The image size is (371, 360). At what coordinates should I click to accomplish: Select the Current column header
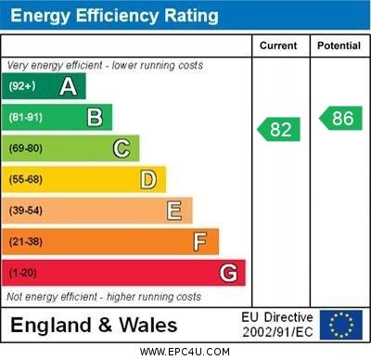click(x=278, y=45)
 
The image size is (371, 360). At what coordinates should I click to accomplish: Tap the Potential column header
click(x=339, y=45)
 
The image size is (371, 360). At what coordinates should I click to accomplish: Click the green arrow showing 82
click(x=278, y=129)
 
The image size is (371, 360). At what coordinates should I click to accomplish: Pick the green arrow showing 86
click(x=339, y=118)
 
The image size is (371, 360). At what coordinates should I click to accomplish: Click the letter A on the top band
click(x=68, y=86)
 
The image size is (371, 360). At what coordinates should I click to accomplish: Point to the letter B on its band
click(x=95, y=117)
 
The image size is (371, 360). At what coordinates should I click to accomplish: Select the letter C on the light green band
click(x=122, y=148)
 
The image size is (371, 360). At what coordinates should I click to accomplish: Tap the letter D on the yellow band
click(x=148, y=179)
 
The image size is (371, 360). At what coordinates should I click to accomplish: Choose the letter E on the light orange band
click(x=174, y=211)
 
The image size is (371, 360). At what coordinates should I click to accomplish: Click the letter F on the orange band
click(x=199, y=242)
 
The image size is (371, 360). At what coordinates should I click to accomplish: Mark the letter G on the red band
click(x=228, y=273)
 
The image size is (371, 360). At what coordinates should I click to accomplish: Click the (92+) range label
click(x=21, y=86)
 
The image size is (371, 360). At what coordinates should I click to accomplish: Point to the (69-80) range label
click(x=26, y=148)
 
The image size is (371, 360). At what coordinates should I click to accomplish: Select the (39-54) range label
click(x=26, y=211)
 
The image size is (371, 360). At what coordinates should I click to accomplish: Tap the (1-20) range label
click(x=23, y=273)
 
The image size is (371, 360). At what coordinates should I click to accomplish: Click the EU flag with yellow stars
click(x=341, y=325)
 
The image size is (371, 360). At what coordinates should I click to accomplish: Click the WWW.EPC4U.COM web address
click(x=185, y=352)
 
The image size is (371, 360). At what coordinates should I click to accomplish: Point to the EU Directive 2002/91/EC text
click(x=277, y=325)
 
